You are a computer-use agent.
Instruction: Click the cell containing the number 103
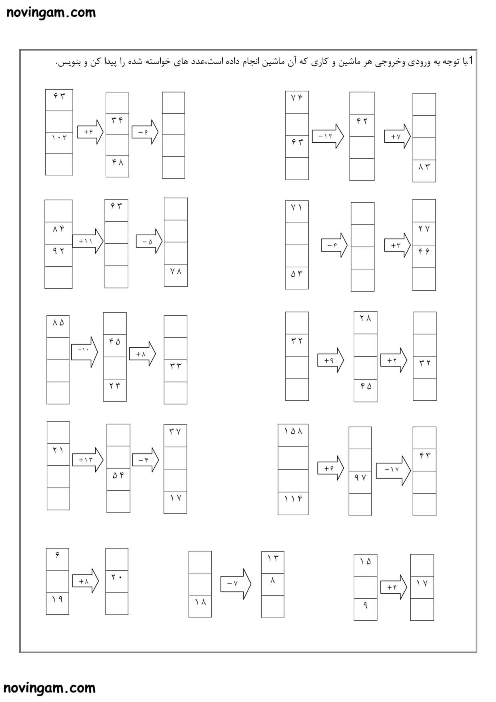pos(59,143)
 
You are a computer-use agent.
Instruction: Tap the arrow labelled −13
pos(328,136)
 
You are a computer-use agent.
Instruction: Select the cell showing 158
pos(293,436)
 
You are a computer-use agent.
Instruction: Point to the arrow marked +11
pos(88,241)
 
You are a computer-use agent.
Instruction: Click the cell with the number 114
pos(293,503)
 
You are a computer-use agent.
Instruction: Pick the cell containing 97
pos(360,482)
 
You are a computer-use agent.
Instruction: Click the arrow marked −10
pos(84,352)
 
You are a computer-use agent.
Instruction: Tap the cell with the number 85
pos(58,327)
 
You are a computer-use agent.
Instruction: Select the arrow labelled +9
pos(330,360)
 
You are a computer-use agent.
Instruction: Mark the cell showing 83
pos(424,171)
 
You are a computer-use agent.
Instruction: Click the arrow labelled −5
pos(149,241)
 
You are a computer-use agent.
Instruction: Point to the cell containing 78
pos(176,275)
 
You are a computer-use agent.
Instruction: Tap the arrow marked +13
pos(88,460)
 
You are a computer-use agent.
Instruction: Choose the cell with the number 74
pos(297,102)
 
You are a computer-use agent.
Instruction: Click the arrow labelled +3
pos(398,245)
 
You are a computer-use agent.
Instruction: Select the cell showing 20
pos(117,581)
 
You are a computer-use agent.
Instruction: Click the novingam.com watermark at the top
pos(51,12)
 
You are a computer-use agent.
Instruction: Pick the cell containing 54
pos(118,479)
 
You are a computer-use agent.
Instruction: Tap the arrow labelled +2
pos(394,360)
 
